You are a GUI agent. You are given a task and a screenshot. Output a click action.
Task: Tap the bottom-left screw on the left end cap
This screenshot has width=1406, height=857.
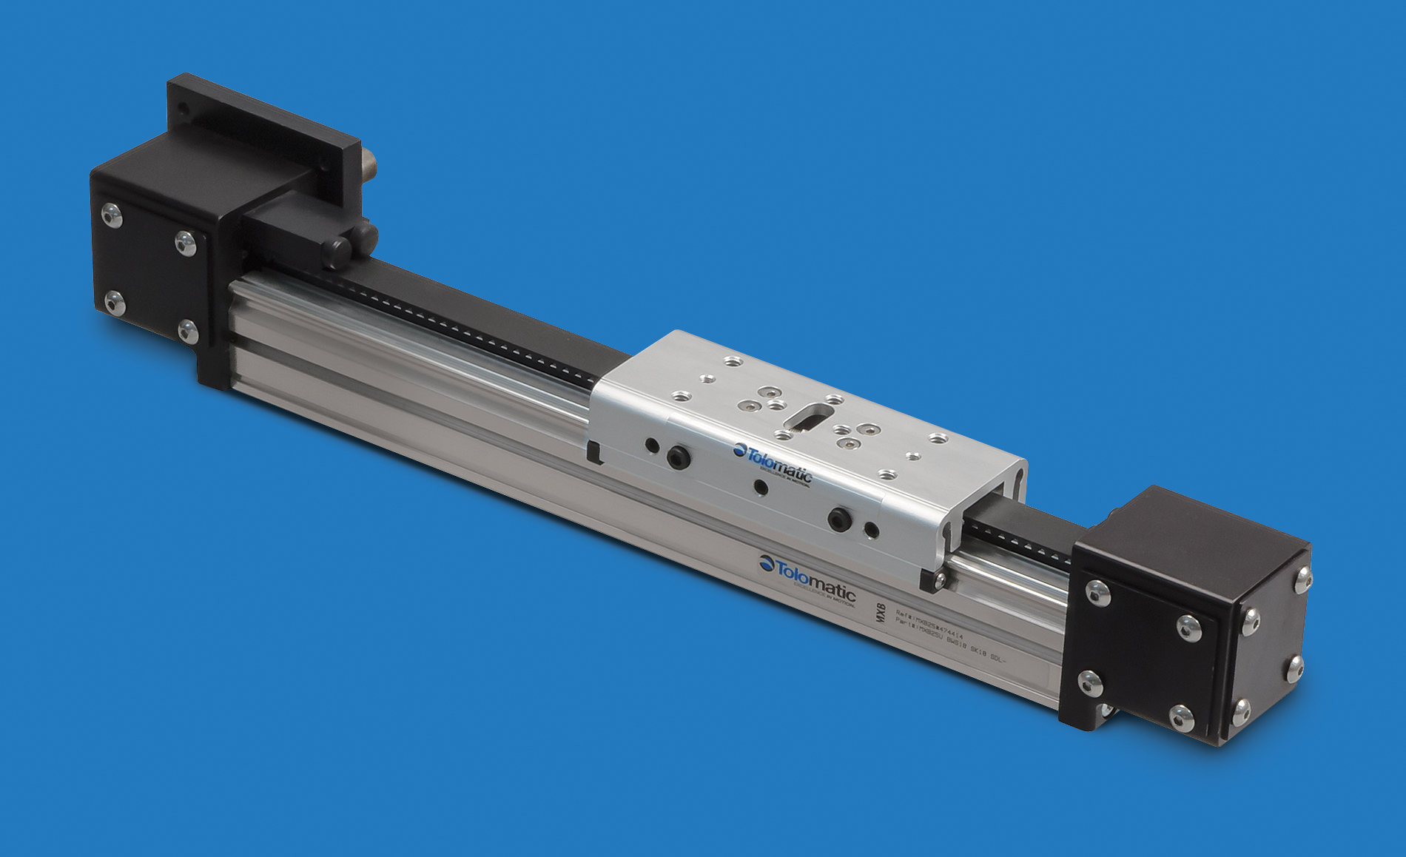(113, 302)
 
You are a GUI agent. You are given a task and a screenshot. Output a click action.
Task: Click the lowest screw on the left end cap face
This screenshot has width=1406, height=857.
(189, 331)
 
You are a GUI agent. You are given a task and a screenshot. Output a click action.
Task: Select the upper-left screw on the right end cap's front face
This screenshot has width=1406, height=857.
(1097, 592)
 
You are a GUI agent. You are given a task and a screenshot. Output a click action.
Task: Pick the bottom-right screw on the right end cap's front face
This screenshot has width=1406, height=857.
(1182, 716)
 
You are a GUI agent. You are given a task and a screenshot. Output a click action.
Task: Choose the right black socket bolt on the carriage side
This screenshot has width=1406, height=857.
(839, 519)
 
